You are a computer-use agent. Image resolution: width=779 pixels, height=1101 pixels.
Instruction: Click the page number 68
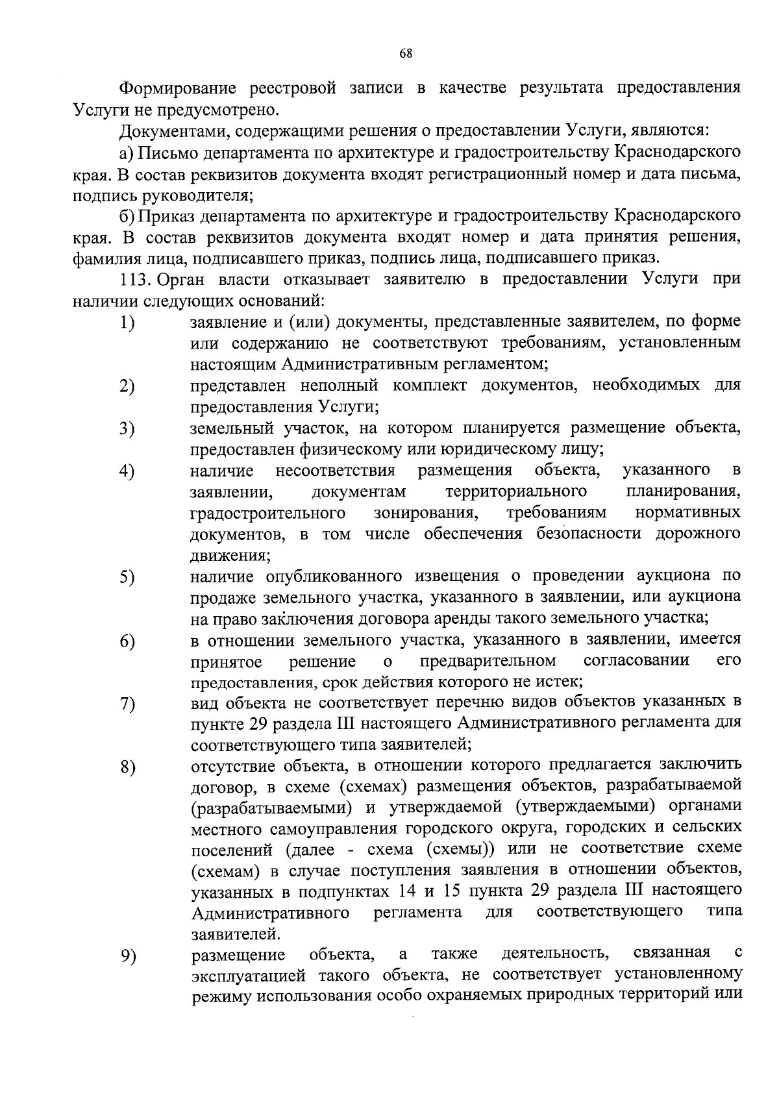point(406,54)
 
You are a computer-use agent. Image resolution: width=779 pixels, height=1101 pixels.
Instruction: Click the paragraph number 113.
point(136,279)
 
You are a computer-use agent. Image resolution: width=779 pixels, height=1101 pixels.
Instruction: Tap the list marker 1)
point(127,323)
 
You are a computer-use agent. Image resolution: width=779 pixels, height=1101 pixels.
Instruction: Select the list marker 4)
point(127,471)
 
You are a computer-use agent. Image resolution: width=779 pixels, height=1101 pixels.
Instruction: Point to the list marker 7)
point(127,704)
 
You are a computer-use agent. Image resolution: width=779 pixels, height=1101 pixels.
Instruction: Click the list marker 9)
point(127,956)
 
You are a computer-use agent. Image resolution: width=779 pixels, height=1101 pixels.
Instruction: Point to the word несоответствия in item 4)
point(336,470)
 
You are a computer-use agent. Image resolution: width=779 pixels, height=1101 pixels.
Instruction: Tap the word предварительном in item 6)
point(488,662)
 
